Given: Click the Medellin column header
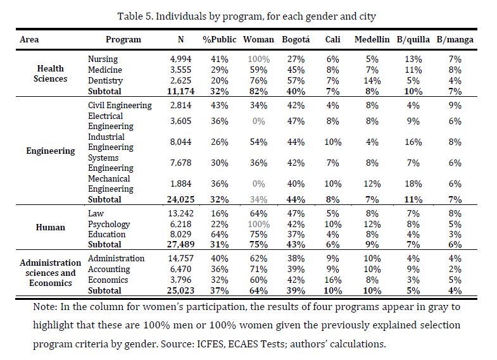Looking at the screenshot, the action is click(372, 39).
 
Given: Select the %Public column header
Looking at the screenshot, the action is click(219, 39).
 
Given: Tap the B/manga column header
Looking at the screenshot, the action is click(455, 40).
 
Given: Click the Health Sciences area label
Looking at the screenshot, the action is click(51, 73).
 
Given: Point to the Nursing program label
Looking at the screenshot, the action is click(103, 59).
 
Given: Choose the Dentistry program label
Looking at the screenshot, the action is click(105, 81).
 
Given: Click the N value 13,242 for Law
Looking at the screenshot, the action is click(180, 214).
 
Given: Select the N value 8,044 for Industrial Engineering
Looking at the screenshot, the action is click(180, 142).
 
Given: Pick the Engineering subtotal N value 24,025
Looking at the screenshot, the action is click(180, 199).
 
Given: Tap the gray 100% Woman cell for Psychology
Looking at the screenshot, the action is click(259, 224).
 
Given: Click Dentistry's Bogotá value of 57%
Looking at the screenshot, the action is click(296, 81).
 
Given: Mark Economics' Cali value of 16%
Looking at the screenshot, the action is click(333, 280).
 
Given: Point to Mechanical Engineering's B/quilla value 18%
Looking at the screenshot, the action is click(413, 183).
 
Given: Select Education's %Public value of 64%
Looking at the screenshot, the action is click(219, 234).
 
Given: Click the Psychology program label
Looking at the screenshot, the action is click(109, 225).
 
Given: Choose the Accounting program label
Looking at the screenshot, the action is click(109, 270).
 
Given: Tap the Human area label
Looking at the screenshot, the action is click(51, 227).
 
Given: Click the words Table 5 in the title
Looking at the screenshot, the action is click(135, 16).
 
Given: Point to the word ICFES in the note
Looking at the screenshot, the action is click(210, 344).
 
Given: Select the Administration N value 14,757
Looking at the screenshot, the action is click(180, 258).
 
